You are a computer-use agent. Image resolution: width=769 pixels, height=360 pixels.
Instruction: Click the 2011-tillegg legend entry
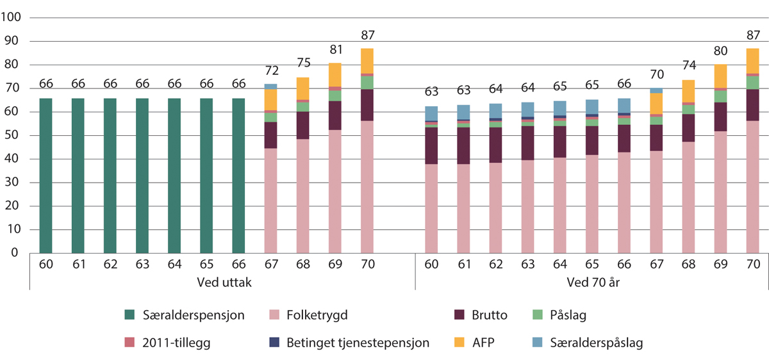[168, 343]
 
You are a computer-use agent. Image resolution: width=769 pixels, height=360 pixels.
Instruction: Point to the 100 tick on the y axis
[12, 18]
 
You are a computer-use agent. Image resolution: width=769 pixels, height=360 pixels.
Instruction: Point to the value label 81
[335, 49]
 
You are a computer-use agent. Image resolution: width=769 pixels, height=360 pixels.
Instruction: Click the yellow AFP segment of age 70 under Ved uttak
[367, 61]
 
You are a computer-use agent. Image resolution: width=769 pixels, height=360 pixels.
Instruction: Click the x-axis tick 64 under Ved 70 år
[560, 263]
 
